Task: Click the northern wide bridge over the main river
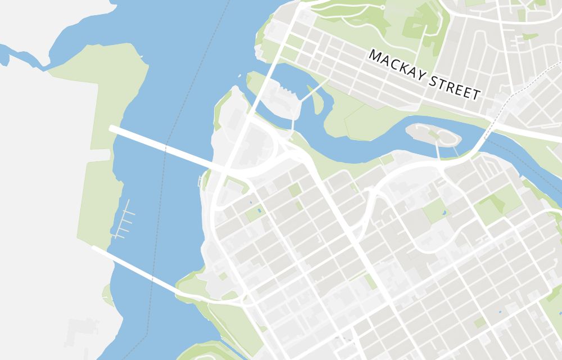pyautogui.click(x=163, y=148)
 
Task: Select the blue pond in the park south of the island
pyautogui.click(x=443, y=213)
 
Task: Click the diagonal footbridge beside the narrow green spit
pyautogui.click(x=309, y=92)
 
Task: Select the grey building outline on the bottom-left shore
pyautogui.click(x=79, y=332)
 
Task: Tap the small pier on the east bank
pyautogui.click(x=200, y=181)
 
